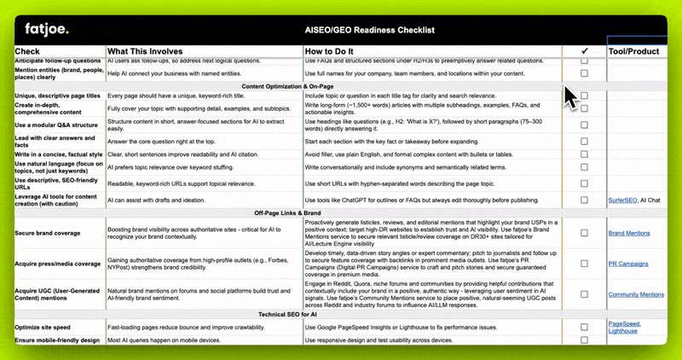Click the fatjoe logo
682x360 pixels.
(46, 30)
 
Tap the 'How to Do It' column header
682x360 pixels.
(335, 51)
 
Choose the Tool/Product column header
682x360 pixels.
(633, 51)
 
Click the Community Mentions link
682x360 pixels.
(636, 294)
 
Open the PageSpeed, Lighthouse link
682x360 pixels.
(624, 328)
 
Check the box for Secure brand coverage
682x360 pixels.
(584, 233)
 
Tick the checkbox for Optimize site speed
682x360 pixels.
(584, 328)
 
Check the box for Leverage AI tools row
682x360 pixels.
(584, 200)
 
